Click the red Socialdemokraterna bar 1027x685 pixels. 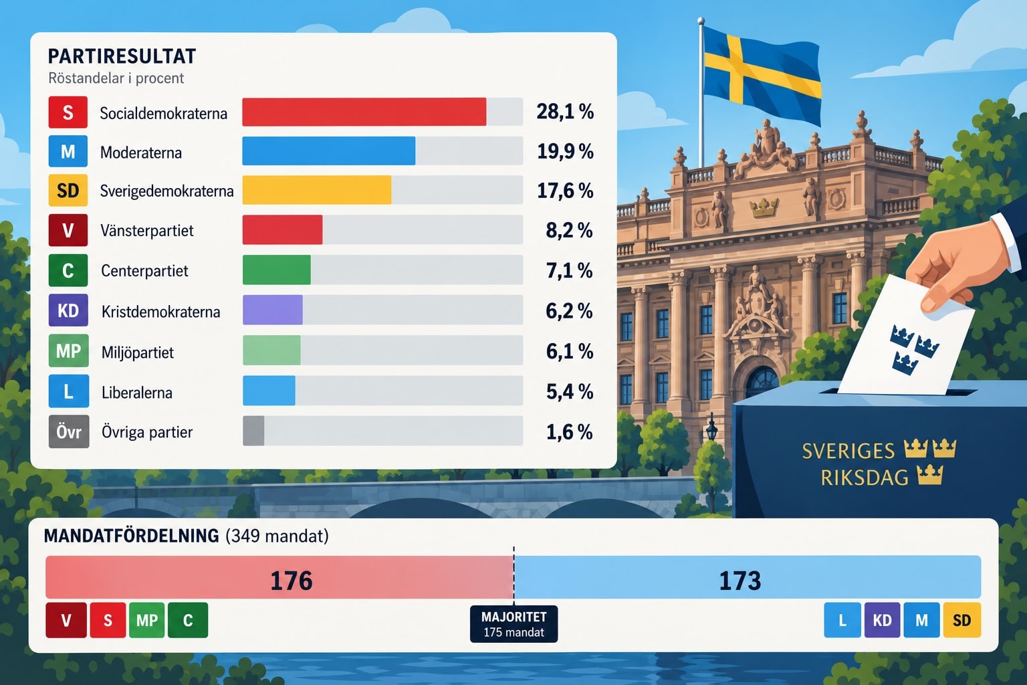tap(364, 112)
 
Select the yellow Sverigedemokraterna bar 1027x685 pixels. tap(317, 190)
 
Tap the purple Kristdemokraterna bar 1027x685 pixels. tap(273, 310)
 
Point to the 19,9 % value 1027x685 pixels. tap(565, 151)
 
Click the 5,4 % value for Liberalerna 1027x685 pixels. tap(570, 391)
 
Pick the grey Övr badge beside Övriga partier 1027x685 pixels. tap(69, 431)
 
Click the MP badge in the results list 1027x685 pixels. tap(69, 351)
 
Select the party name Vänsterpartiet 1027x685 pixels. tap(146, 230)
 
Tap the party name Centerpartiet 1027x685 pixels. tap(144, 271)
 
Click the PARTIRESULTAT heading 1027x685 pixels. tap(122, 56)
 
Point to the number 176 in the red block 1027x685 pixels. tap(291, 581)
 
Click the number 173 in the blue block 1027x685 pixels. tap(740, 581)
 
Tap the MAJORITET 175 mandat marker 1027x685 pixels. tap(514, 624)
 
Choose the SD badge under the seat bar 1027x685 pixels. tap(962, 620)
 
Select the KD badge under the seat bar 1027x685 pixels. tap(882, 620)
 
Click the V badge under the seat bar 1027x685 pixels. tap(66, 620)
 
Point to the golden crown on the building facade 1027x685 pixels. tap(764, 207)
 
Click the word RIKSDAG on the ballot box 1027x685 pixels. tap(865, 478)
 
